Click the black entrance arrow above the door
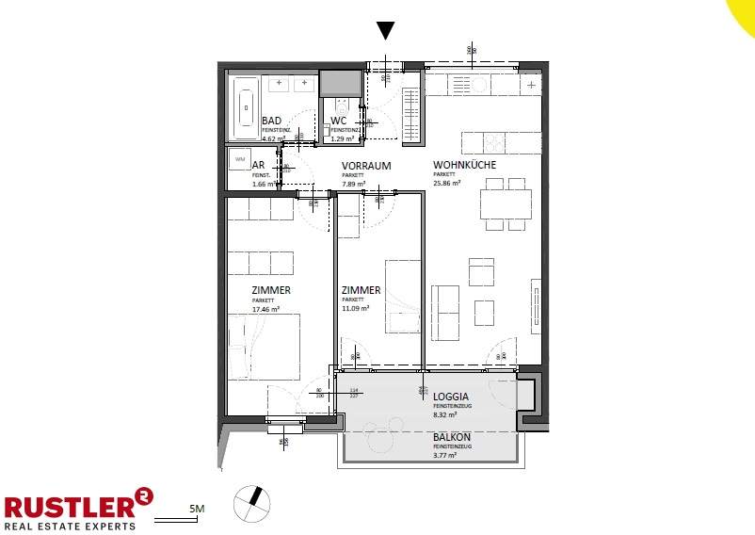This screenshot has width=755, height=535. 385,30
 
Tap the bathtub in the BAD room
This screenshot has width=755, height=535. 247,107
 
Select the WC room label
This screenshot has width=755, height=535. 340,122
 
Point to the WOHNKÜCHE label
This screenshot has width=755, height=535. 464,165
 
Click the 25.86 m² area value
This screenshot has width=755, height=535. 447,184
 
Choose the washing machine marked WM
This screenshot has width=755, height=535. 239,159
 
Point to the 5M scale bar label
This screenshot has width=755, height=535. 197,510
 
